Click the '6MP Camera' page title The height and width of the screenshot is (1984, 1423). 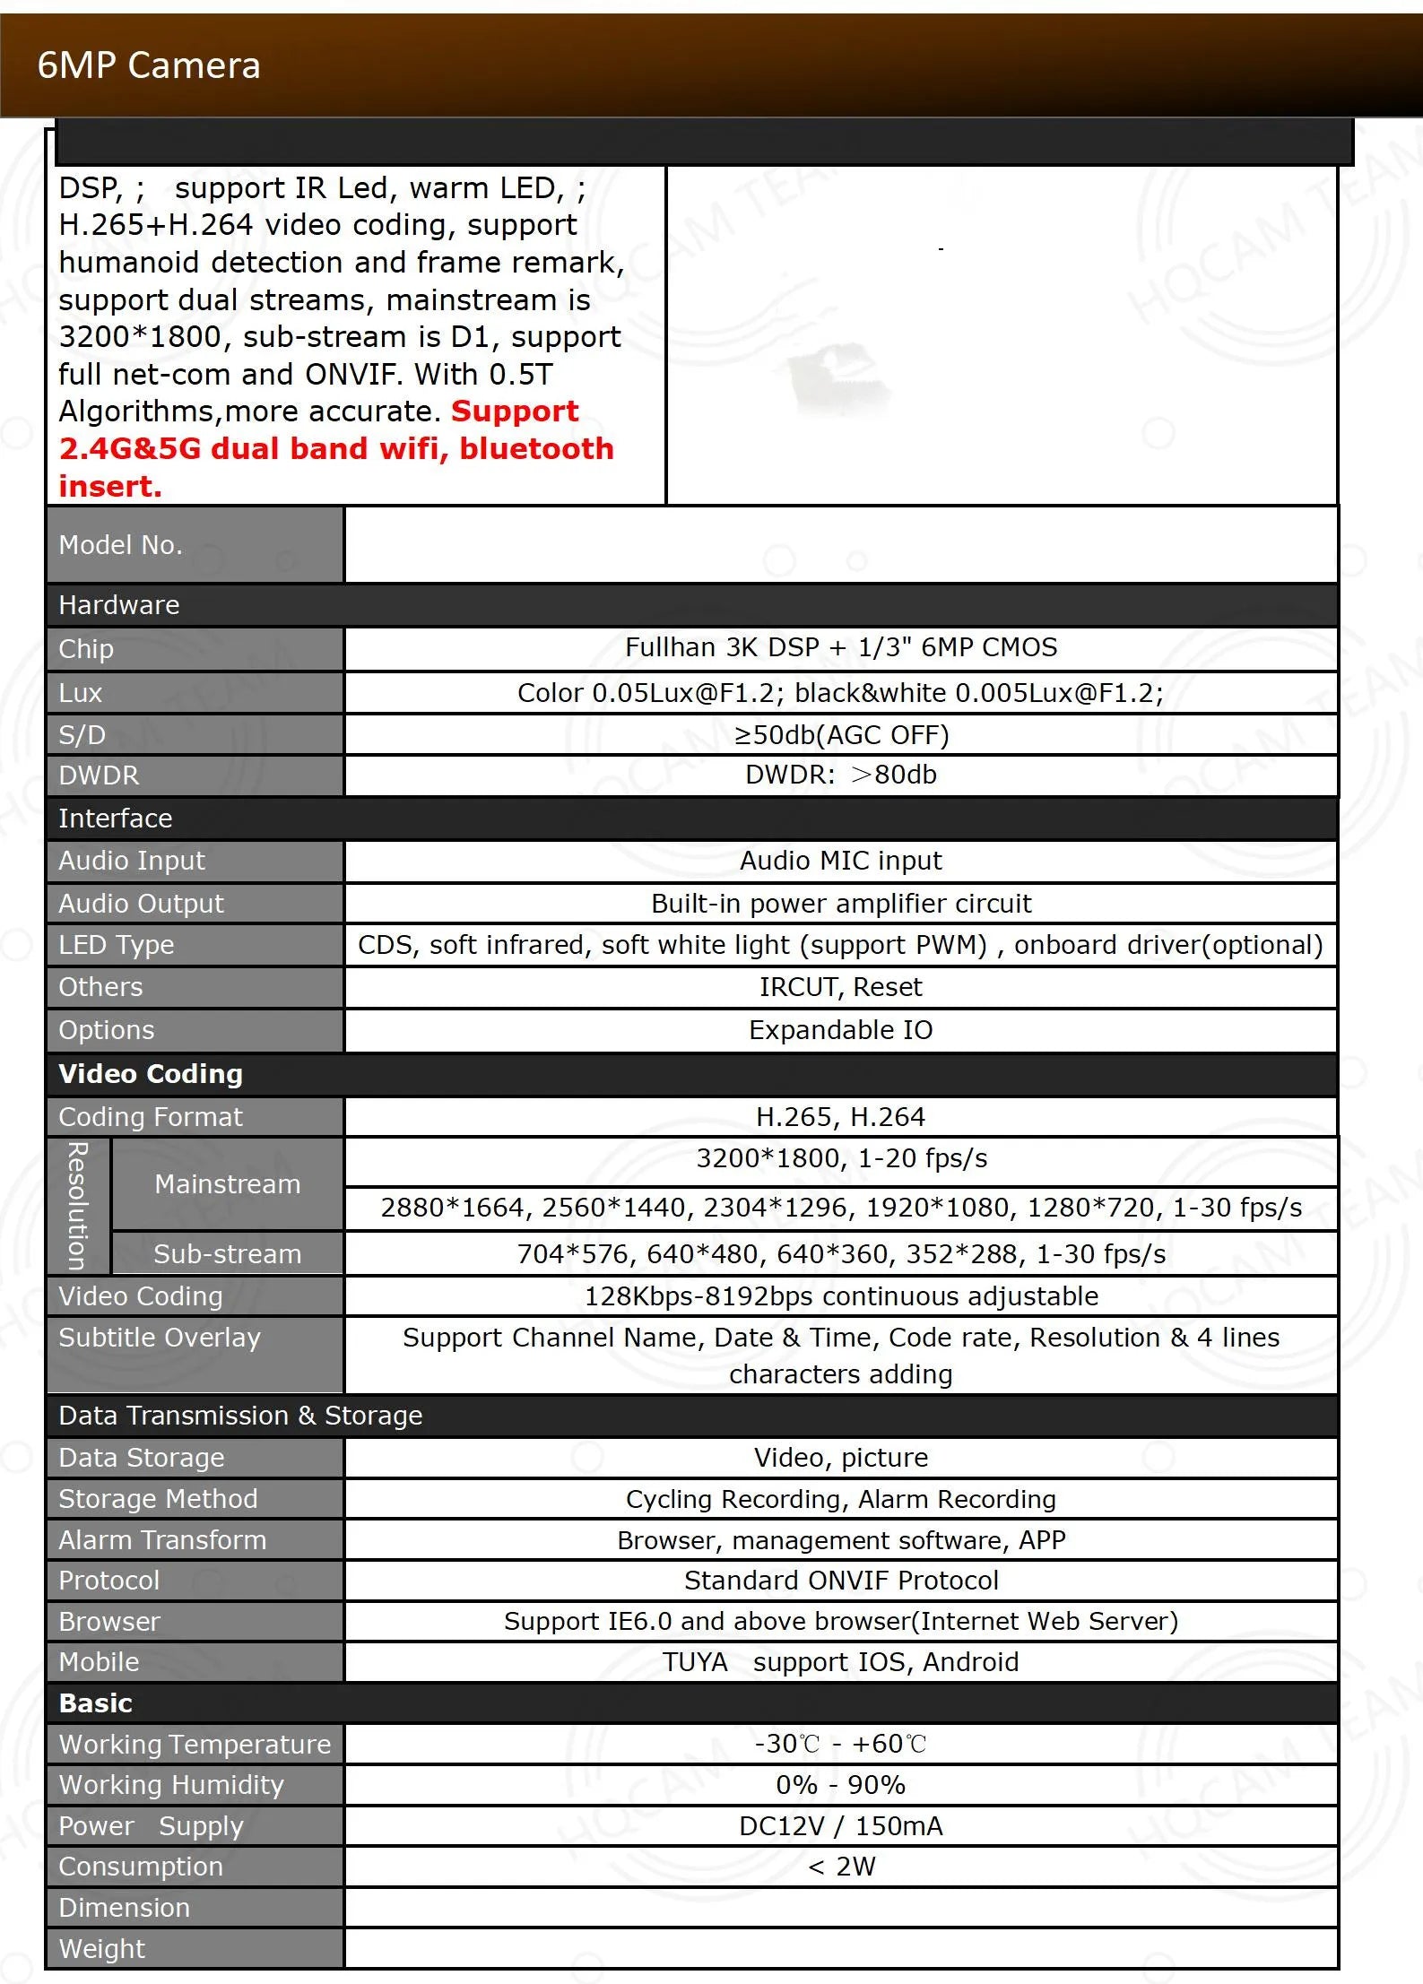149,65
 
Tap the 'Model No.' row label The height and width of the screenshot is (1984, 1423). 120,545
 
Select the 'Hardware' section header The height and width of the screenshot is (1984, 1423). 119,605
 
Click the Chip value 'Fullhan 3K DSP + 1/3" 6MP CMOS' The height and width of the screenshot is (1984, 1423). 841,647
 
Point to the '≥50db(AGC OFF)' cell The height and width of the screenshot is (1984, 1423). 841,735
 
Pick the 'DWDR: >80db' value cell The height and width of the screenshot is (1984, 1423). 841,775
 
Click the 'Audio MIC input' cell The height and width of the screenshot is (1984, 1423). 841,861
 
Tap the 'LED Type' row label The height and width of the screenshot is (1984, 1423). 117,945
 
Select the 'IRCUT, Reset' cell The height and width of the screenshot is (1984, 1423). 841,987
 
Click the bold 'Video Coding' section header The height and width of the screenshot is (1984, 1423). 151,1074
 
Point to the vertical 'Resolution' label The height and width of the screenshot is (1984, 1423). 79,1206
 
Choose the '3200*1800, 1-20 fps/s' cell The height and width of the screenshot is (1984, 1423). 841,1158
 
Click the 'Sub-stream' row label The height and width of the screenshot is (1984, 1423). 227,1253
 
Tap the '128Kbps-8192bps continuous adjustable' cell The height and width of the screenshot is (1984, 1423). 841,1296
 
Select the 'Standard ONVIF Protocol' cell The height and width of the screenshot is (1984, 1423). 841,1581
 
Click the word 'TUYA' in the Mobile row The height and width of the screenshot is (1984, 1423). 696,1662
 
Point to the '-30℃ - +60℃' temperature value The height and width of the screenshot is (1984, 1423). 841,1744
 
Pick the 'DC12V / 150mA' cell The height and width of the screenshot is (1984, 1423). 841,1826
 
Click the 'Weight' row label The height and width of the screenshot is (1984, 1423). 101,1949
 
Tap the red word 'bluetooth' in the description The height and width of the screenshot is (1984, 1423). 536,448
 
